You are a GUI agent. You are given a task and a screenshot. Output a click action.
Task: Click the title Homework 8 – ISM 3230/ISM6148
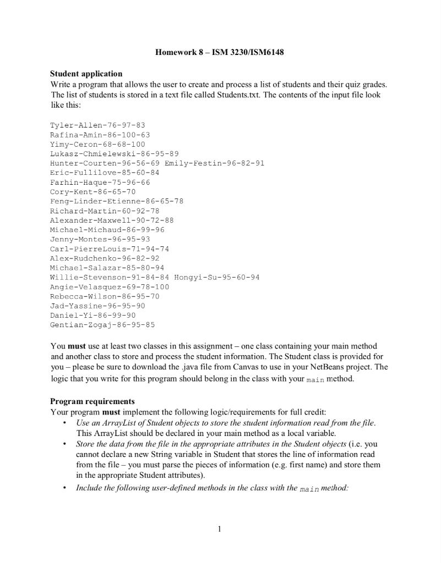tap(220, 53)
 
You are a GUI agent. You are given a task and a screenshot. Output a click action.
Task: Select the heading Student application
tap(86, 74)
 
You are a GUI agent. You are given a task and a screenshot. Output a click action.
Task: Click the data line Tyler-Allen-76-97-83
tap(97, 125)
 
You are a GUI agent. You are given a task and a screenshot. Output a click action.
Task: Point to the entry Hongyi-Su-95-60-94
tap(216, 277)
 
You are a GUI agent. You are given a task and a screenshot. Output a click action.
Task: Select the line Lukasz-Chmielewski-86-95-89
tap(115, 154)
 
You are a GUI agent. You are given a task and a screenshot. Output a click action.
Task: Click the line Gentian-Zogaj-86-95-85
tap(102, 325)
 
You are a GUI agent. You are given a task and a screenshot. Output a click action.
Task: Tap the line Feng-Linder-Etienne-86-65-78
tap(117, 201)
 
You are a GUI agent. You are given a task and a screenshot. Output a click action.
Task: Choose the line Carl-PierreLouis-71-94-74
tap(110, 249)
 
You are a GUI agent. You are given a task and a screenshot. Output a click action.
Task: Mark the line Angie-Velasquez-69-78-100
tap(110, 287)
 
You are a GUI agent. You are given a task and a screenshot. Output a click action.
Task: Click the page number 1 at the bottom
tap(220, 529)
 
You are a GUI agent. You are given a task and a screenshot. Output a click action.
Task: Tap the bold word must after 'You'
tap(76, 346)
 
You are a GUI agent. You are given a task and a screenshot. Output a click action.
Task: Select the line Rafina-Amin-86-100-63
tap(100, 135)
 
